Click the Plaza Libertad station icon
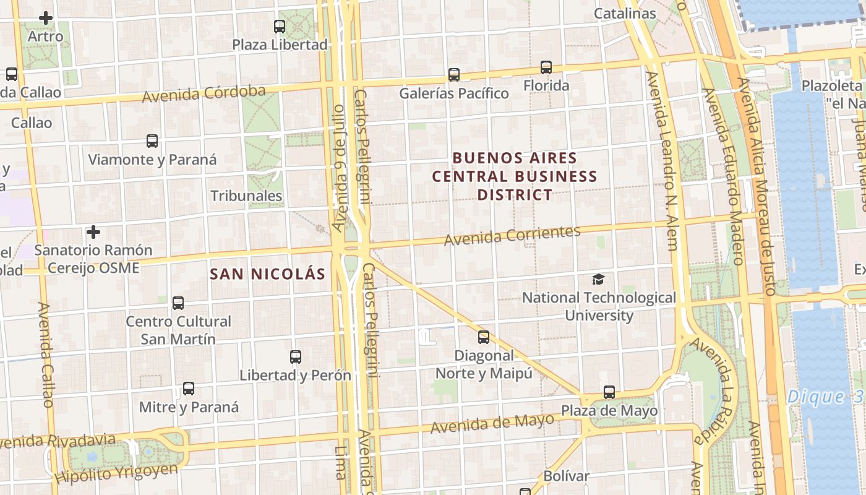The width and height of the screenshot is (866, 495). pyautogui.click(x=280, y=26)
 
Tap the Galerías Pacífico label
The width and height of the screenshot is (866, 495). pyautogui.click(x=454, y=93)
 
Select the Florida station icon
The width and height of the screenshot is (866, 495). pyautogui.click(x=546, y=67)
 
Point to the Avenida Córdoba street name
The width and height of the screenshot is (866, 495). pyautogui.click(x=204, y=94)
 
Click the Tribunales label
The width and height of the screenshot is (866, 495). pyautogui.click(x=246, y=196)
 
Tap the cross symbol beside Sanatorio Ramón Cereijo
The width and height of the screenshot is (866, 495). pyautogui.click(x=93, y=232)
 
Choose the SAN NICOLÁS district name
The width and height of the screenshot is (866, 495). pyautogui.click(x=267, y=273)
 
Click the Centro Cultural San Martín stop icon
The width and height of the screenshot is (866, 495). pyautogui.click(x=178, y=303)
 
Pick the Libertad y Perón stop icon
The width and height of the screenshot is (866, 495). pyautogui.click(x=296, y=357)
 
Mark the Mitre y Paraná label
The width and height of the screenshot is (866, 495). pyautogui.click(x=189, y=407)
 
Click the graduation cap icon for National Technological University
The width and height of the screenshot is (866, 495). pyautogui.click(x=598, y=280)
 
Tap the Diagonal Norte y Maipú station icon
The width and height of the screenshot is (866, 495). pyautogui.click(x=484, y=337)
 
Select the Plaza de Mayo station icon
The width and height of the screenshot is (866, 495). pyautogui.click(x=609, y=392)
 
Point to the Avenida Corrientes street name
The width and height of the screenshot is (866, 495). pyautogui.click(x=512, y=235)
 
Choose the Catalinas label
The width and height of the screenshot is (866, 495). pyautogui.click(x=625, y=14)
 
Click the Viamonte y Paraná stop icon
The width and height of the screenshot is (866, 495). pyautogui.click(x=152, y=141)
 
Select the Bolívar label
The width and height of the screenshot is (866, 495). pyautogui.click(x=566, y=476)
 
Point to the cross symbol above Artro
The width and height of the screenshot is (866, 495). pyautogui.click(x=45, y=18)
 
